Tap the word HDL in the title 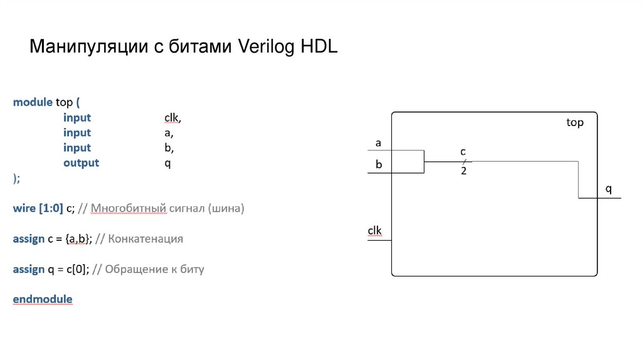(x=319, y=48)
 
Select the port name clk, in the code (x=172, y=117)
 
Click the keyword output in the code (x=81, y=162)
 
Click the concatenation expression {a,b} (x=79, y=239)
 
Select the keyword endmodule (x=43, y=299)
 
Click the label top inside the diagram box (x=574, y=123)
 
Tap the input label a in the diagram (x=378, y=143)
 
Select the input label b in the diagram (x=379, y=165)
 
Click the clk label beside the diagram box (x=374, y=231)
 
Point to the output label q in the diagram (x=608, y=189)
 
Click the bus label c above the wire (x=463, y=152)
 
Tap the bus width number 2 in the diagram (x=463, y=171)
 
